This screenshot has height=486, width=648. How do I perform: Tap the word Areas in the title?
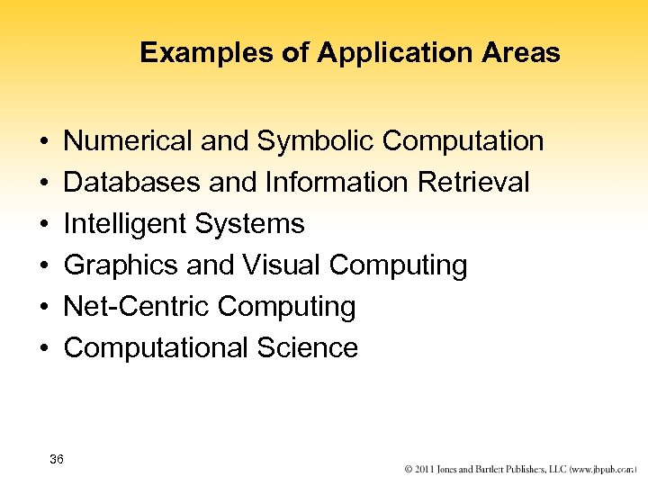tap(522, 53)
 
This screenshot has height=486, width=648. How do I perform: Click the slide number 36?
tap(57, 460)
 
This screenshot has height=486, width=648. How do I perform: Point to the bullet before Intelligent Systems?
tap(44, 224)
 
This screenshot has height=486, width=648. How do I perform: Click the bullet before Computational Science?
tap(44, 348)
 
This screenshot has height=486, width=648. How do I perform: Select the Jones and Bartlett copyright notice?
tap(520, 470)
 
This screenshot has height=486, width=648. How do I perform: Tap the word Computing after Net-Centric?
tap(287, 307)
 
